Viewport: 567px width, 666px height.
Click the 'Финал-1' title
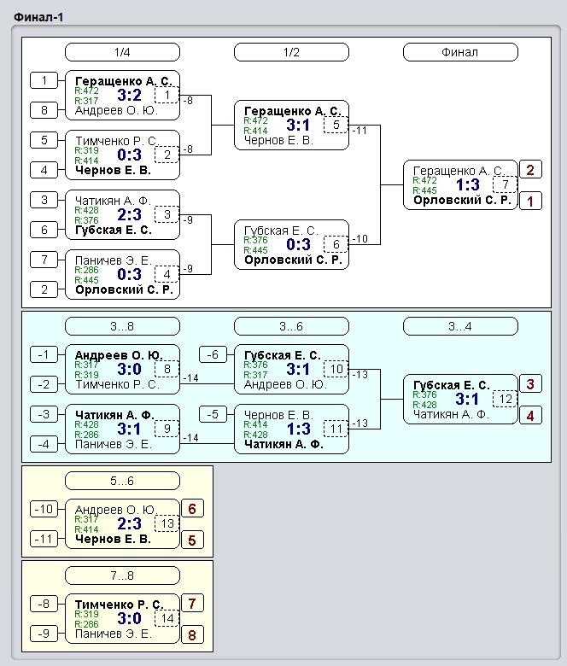click(38, 17)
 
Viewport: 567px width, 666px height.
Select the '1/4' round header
click(122, 52)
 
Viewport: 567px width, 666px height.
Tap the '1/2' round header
click(291, 52)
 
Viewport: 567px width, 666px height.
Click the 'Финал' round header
click(460, 52)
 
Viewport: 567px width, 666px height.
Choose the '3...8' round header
click(122, 326)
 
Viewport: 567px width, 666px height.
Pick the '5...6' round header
click(122, 481)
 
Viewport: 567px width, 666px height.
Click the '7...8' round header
click(122, 575)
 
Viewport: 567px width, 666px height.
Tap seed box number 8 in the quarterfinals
click(44, 110)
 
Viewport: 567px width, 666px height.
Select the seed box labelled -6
click(213, 354)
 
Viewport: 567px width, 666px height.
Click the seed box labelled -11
click(44, 539)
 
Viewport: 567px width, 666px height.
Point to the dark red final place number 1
click(530, 202)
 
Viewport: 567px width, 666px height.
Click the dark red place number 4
click(530, 416)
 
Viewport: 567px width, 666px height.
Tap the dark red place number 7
click(192, 603)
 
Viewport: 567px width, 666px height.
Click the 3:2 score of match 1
click(130, 95)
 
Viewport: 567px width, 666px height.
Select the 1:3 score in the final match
click(468, 184)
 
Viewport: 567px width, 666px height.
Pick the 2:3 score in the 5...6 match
click(130, 523)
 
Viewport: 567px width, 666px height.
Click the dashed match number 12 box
click(506, 400)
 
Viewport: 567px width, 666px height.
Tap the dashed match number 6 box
click(336, 244)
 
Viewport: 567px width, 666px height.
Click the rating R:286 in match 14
click(86, 624)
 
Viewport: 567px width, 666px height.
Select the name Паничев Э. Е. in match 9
click(113, 444)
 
